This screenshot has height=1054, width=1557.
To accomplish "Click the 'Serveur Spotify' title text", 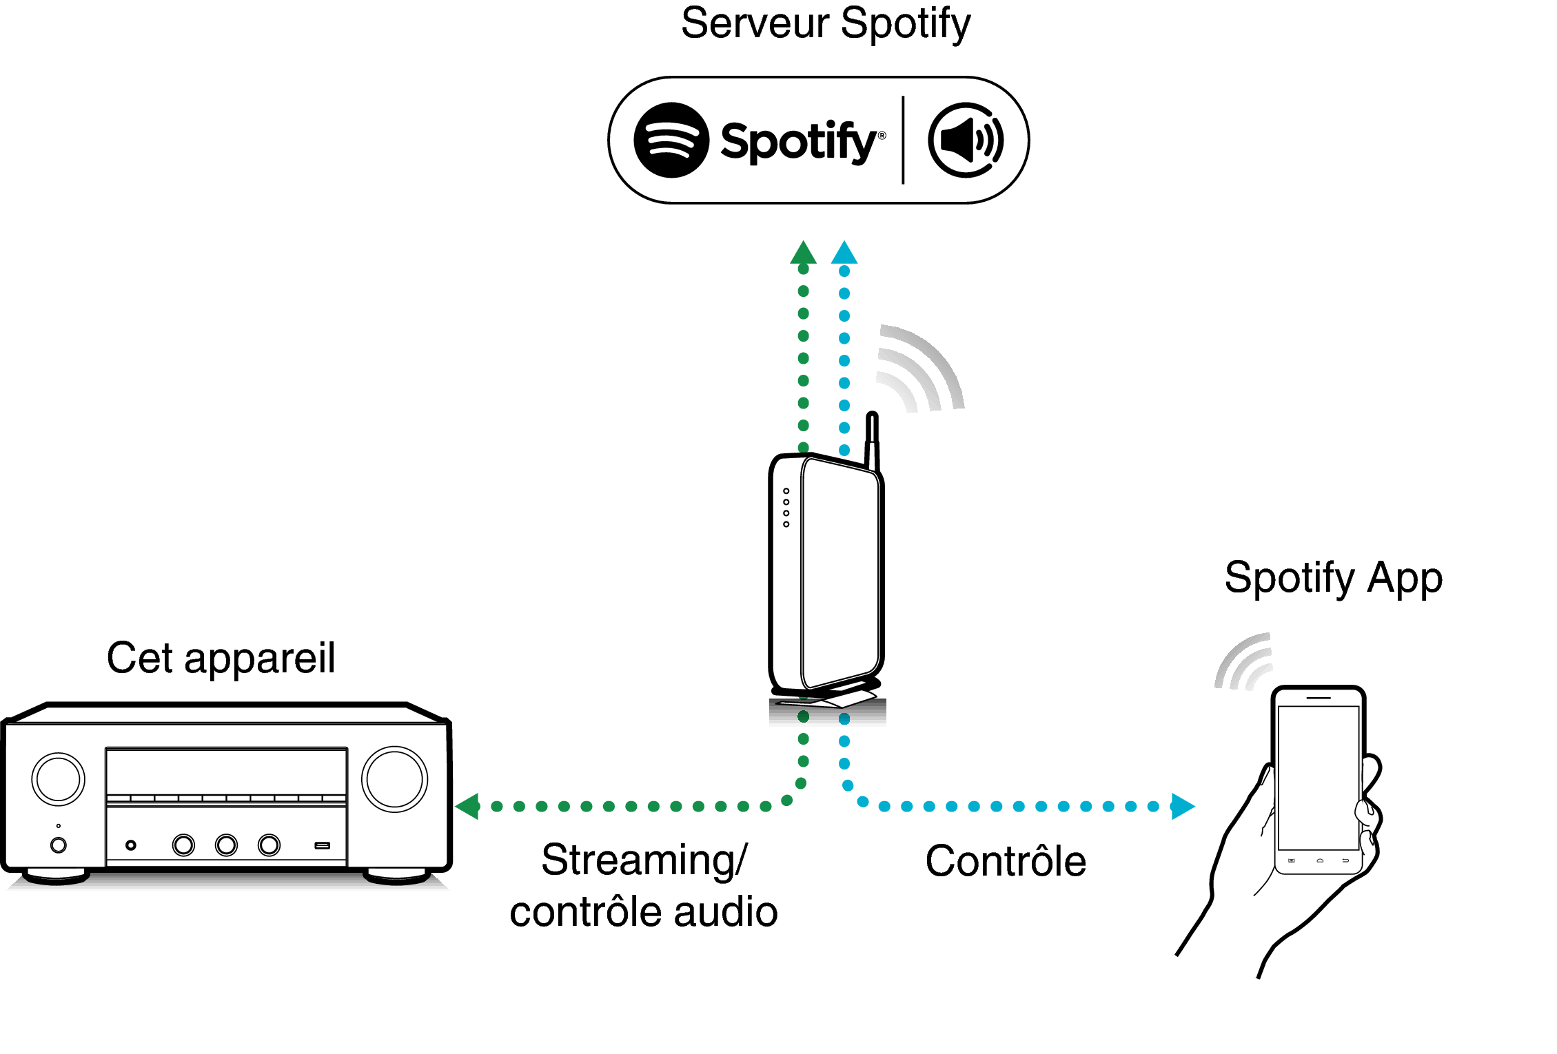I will tap(825, 24).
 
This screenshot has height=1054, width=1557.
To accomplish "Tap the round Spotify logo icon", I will tap(671, 141).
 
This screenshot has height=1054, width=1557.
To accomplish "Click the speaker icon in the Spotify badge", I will tap(965, 141).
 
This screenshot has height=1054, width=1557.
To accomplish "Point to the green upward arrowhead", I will tap(803, 254).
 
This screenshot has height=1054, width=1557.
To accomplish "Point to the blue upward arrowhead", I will tap(844, 254).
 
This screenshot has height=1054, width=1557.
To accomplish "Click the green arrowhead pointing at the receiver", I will tap(469, 806).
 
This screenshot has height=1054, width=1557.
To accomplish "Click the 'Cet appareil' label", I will tap(221, 658).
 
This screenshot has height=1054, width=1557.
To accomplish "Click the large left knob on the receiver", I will tap(59, 779).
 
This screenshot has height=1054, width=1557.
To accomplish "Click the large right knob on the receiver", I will tap(394, 779).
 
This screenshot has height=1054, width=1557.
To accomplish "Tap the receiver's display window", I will tap(226, 772).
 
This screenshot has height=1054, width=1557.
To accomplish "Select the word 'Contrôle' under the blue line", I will tap(1005, 861).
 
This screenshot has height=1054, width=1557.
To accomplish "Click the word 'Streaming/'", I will tap(644, 860).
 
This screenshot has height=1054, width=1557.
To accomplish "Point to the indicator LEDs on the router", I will tap(786, 508).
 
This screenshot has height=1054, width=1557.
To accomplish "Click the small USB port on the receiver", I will tap(322, 845).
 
